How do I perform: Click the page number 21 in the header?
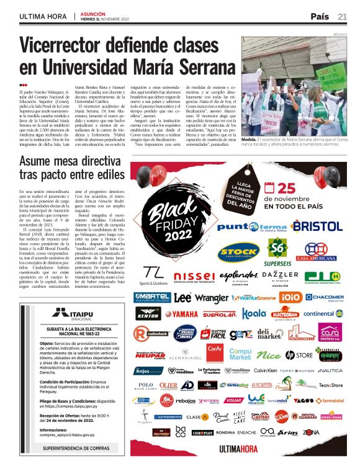(x=342, y=16)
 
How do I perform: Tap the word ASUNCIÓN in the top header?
(x=94, y=12)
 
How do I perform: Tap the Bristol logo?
(x=317, y=225)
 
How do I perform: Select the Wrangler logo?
(x=212, y=298)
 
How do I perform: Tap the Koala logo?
(x=254, y=314)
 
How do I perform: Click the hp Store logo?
(x=299, y=355)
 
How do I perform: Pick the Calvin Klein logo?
(x=269, y=370)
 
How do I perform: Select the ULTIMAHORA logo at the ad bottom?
(x=239, y=449)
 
